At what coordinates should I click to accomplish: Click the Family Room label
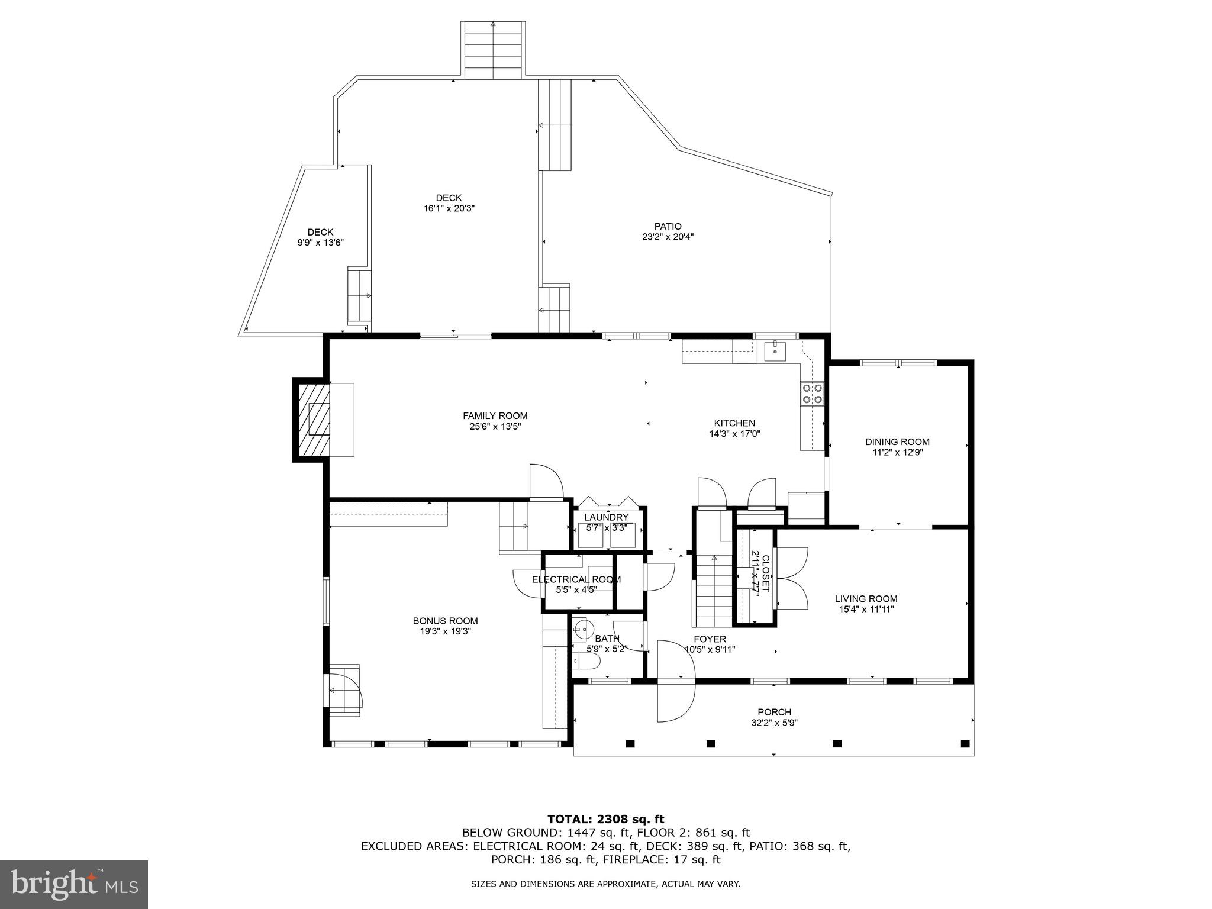(495, 416)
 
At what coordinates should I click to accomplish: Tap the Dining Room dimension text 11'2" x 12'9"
(897, 452)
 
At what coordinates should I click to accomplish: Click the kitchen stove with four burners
(812, 394)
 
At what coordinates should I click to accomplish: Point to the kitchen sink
(774, 351)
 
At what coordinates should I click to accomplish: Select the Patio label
(668, 226)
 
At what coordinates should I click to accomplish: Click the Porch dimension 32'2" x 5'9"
(774, 723)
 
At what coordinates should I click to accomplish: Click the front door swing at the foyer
(675, 681)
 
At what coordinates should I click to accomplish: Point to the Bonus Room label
(445, 621)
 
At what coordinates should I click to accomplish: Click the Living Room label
(866, 598)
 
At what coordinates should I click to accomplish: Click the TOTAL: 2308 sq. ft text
(605, 819)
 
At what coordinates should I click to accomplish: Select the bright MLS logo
(73, 885)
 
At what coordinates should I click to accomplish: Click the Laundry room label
(606, 517)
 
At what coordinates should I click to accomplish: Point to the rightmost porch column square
(965, 743)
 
